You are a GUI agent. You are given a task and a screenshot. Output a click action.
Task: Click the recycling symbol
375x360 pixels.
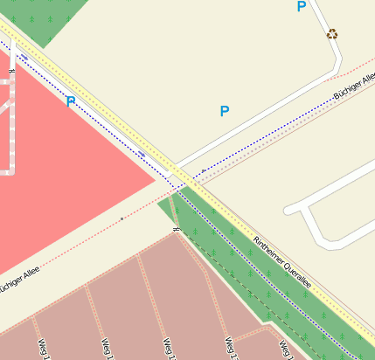(x=331, y=35)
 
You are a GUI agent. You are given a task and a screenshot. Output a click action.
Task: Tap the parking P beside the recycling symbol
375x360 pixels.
(x=302, y=7)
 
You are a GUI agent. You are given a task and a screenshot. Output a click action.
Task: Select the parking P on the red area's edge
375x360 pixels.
(x=71, y=101)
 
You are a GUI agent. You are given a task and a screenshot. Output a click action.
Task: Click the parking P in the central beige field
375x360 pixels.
(x=225, y=111)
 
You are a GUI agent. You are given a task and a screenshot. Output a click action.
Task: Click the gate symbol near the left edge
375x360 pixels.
(x=11, y=70)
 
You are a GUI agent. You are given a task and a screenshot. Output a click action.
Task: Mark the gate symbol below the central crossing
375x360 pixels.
(x=177, y=229)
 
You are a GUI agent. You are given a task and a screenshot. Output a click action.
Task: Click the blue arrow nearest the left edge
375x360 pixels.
(x=24, y=58)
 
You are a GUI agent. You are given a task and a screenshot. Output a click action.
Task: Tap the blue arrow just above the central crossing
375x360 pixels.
(x=141, y=154)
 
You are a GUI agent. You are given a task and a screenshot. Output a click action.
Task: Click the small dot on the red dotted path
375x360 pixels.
(x=122, y=218)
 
